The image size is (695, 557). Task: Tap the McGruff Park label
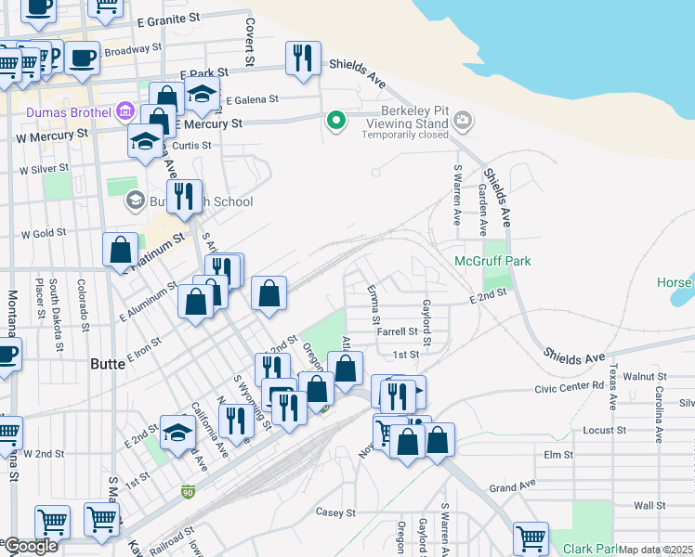(492, 261)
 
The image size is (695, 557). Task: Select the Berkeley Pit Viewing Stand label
(407, 122)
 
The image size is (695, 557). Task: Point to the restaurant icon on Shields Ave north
(303, 58)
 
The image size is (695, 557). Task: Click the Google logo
(30, 546)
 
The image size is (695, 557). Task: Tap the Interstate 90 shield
(188, 489)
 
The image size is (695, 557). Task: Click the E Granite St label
(167, 19)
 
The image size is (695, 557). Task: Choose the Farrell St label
(397, 330)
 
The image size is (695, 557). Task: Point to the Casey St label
(335, 512)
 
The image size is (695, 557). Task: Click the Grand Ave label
(514, 486)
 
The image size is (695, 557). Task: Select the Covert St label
(250, 41)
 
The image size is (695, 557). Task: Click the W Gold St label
(44, 234)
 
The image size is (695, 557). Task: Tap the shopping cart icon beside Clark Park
(531, 538)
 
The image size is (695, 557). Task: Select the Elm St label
(558, 454)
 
